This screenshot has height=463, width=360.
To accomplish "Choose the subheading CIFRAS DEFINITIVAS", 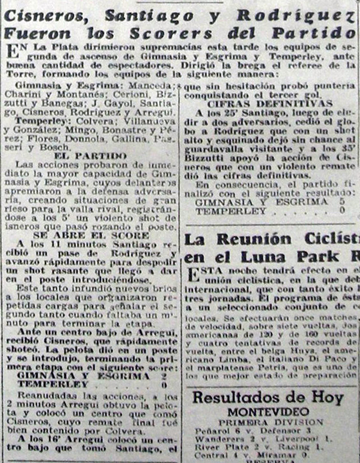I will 270,103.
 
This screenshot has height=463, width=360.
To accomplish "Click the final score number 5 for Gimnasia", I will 342,201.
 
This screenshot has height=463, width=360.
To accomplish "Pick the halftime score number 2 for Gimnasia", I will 163,375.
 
